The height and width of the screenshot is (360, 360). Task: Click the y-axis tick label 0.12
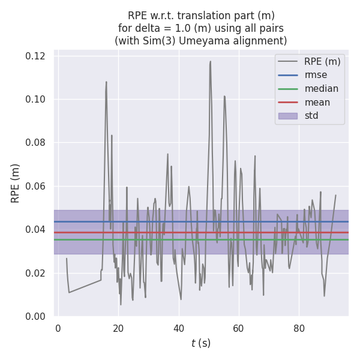pos(36,56)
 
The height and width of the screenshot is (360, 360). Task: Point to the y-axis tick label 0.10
pos(36,99)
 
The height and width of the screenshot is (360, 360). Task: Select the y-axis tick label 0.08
pos(36,143)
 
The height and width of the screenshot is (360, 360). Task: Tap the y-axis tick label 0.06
pos(36,186)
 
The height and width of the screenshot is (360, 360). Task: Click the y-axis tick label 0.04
pos(36,229)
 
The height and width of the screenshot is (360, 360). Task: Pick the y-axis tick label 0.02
pos(36,273)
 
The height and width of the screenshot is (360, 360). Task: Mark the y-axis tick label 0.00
pos(36,316)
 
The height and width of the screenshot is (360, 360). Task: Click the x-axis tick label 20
pos(118,328)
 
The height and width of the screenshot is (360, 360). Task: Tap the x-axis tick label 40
pos(179,328)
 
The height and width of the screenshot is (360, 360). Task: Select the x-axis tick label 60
pos(239,328)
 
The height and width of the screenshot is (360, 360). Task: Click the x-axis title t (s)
pos(201,343)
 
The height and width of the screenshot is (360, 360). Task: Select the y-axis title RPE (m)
pos(16,183)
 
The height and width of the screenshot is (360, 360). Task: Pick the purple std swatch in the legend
pos(287,116)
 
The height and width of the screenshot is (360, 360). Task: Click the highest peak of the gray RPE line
pos(211,61)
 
